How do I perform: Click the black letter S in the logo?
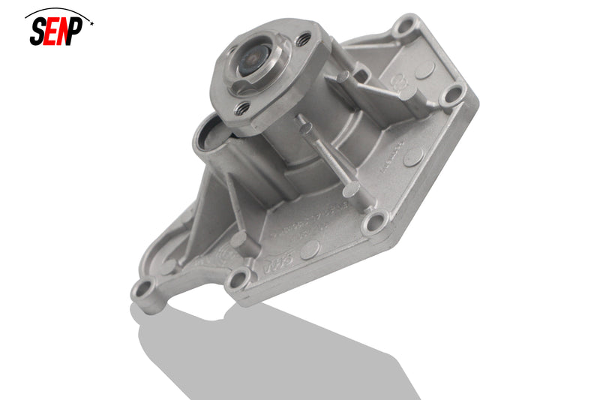[x=38, y=31]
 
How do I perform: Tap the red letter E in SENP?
[x=51, y=32]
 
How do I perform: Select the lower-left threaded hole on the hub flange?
[x=241, y=109]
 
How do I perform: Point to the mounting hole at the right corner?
[x=451, y=94]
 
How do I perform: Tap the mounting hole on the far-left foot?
[x=143, y=290]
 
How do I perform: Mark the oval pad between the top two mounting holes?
[x=424, y=69]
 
